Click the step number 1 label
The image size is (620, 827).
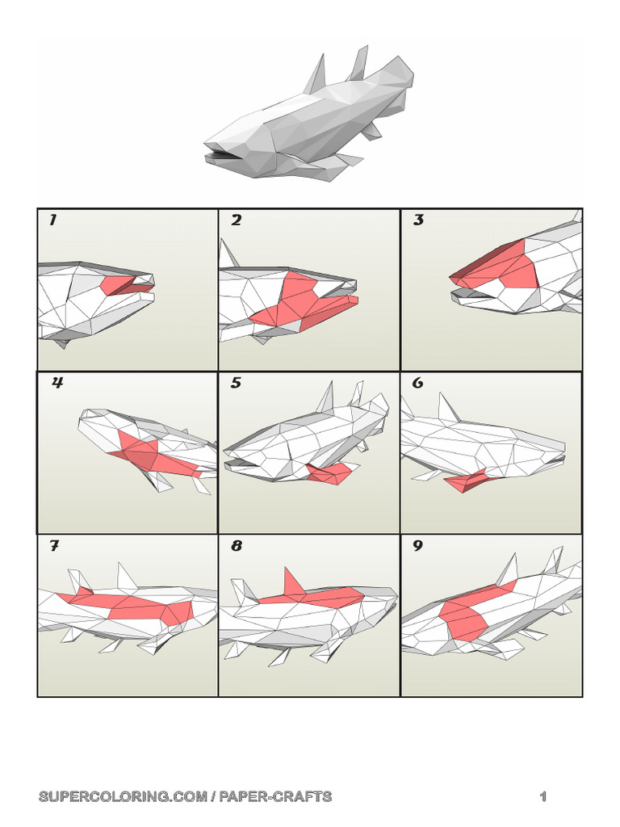click(x=52, y=220)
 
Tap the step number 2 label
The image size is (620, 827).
click(x=236, y=220)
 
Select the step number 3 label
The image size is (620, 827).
click(x=418, y=220)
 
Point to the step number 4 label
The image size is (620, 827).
click(x=57, y=384)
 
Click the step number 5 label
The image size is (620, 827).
click(x=236, y=384)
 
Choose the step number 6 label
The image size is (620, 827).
click(x=418, y=384)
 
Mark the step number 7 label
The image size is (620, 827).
click(x=54, y=547)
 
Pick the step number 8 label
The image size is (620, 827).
click(x=237, y=547)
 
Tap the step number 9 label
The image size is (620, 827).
click(x=418, y=547)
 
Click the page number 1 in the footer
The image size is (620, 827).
click(x=543, y=797)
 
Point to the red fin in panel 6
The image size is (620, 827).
click(x=466, y=482)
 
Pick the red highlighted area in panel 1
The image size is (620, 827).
click(x=121, y=284)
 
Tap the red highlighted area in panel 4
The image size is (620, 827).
click(x=153, y=453)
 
